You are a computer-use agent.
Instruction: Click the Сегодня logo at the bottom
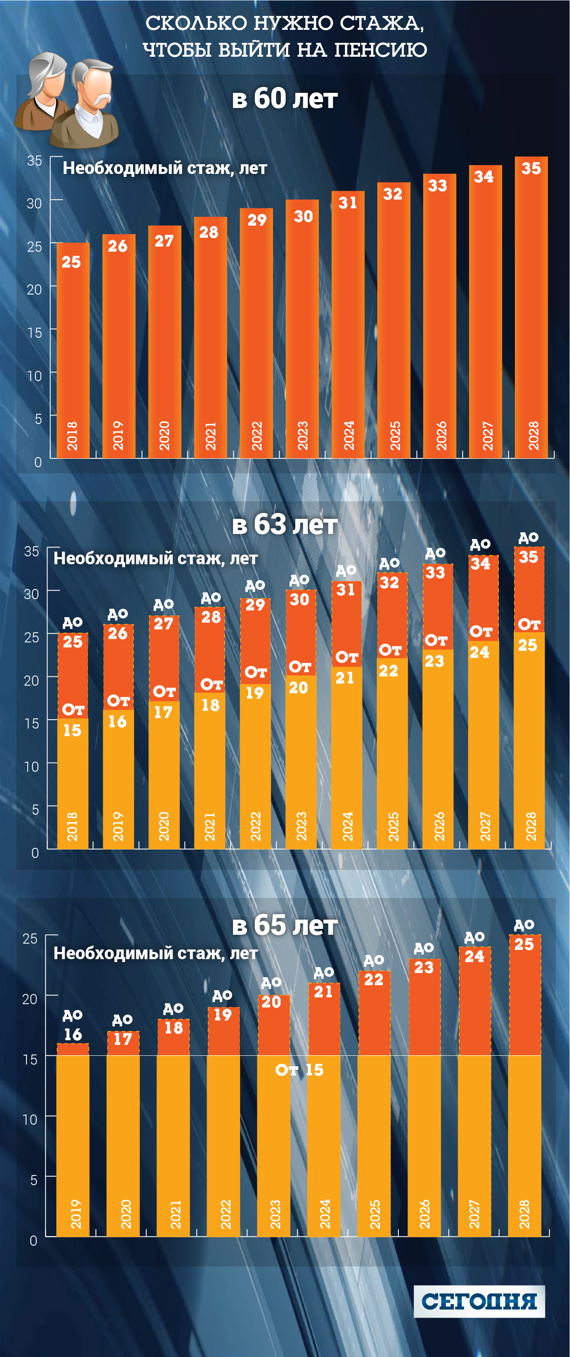coord(479,1301)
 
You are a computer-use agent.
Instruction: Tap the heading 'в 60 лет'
coord(285,98)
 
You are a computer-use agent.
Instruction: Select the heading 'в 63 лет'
coord(285,525)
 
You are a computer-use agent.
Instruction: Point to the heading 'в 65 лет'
coord(285,925)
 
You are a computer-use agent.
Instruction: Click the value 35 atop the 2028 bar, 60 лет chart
coord(531,168)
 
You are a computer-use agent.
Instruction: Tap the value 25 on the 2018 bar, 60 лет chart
coord(72,262)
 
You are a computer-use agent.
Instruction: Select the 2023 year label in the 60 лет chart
coord(302,436)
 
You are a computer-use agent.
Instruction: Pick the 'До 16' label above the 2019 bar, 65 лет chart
coord(73,1026)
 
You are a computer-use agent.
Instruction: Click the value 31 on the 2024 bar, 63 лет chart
coord(346,589)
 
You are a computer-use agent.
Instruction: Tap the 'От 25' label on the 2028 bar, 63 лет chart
coord(528,635)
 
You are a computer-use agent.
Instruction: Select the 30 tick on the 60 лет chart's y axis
coord(34,203)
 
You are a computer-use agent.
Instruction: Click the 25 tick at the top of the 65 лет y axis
coord(30,938)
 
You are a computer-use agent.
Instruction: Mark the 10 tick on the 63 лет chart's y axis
coord(32,766)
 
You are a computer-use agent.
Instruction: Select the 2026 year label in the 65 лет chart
coord(424,1214)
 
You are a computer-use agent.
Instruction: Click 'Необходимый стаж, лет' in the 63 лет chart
coord(156,558)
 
